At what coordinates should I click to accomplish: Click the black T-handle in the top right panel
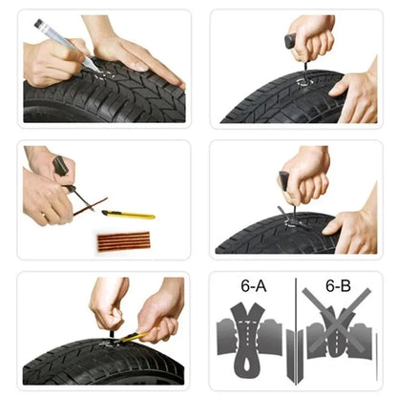pos(290,42)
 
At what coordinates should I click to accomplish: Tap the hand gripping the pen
pos(52,62)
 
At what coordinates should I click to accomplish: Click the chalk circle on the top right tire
pos(303,81)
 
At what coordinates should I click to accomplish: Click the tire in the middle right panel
pos(277,236)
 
